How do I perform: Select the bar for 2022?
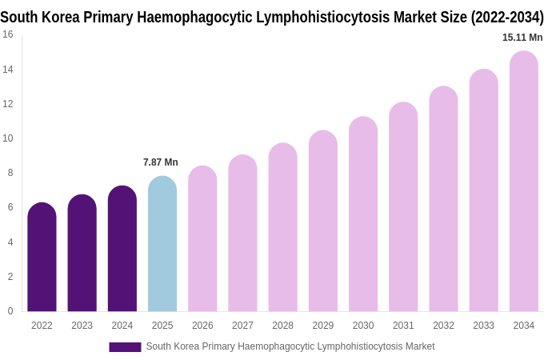[x=42, y=258]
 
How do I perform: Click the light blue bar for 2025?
[x=162, y=244]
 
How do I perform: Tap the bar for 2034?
[x=523, y=182]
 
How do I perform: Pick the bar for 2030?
[x=363, y=214]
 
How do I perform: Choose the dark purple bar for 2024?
[x=122, y=249]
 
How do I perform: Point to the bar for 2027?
[x=242, y=234]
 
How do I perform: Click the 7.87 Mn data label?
[x=161, y=162]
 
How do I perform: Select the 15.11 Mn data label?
[x=522, y=38]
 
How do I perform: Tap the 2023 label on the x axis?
[x=82, y=326]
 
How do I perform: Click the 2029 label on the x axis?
[x=323, y=326]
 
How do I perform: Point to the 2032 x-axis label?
[x=443, y=326]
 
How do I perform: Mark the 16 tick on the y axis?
[x=8, y=34]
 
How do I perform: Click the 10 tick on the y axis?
[x=8, y=138]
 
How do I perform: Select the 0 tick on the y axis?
[x=10, y=311]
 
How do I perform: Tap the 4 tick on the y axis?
[x=10, y=242]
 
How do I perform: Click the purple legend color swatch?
[x=125, y=346]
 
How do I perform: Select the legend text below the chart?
[x=290, y=346]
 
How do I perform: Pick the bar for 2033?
[x=483, y=190]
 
